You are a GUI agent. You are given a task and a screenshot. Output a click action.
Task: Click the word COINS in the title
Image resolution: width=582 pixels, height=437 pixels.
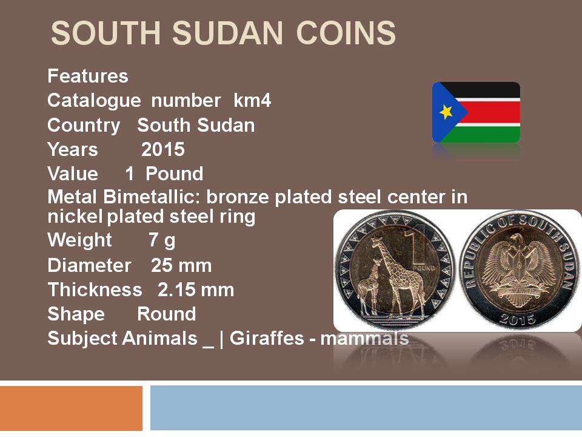coord(346,33)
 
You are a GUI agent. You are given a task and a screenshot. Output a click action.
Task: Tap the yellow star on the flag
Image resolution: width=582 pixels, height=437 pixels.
coord(446,112)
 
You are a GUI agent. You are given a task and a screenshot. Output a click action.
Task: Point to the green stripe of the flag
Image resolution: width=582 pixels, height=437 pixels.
coord(483,134)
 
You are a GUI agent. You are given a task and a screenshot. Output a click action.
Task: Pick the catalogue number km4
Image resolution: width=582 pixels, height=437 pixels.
coord(252,100)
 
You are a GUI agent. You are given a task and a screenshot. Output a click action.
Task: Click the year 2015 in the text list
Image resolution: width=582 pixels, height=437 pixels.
coord(163,149)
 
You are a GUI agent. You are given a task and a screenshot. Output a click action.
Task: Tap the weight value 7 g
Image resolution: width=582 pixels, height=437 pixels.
coord(162,240)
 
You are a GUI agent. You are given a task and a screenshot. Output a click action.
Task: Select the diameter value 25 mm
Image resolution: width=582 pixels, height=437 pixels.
coord(181,265)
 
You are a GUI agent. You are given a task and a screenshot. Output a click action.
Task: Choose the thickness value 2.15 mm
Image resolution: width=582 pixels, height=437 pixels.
coord(196,290)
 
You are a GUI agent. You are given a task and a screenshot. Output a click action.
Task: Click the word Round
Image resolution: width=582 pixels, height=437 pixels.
coord(167,314)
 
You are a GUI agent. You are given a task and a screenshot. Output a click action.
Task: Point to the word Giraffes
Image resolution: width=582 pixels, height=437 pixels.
coord(267,338)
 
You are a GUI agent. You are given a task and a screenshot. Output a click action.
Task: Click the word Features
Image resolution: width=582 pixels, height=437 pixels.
coord(88,76)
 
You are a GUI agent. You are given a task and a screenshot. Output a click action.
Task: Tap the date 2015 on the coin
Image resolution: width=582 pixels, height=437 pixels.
coord(517,319)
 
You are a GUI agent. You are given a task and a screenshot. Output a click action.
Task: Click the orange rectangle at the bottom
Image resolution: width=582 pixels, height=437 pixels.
coord(72,408)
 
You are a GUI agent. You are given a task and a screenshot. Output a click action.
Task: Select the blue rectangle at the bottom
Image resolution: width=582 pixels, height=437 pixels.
coord(366,408)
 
